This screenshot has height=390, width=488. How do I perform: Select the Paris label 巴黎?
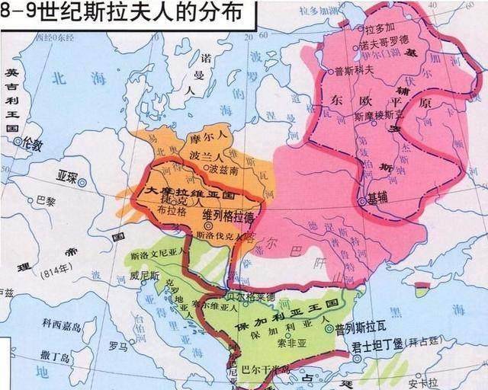46,200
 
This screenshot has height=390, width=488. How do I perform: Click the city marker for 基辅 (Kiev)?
361,200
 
